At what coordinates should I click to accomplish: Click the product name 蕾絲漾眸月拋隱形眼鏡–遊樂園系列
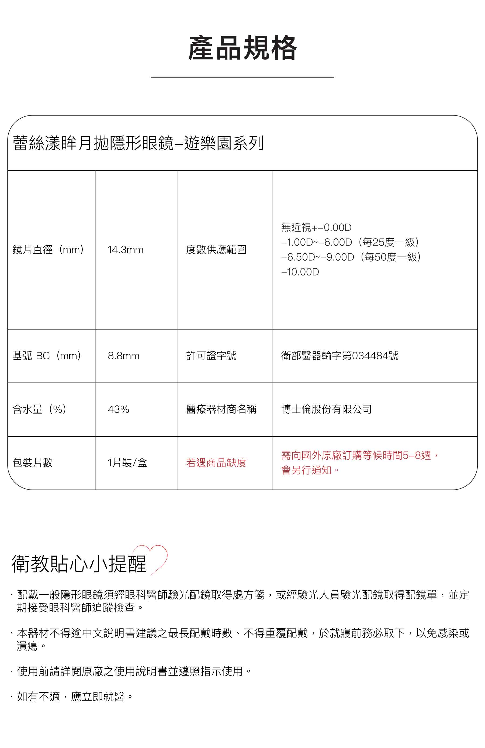click(138, 143)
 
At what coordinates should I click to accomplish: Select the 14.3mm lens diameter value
click(125, 250)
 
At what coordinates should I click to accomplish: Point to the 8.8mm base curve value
click(123, 356)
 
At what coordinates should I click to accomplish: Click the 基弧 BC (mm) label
click(47, 356)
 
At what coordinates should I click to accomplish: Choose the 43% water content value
click(119, 409)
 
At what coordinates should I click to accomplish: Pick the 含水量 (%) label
click(39, 409)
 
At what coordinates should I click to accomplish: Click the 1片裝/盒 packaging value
click(127, 463)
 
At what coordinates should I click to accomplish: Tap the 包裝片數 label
click(32, 463)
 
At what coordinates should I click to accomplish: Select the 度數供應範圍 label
click(216, 250)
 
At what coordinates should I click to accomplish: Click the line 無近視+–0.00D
click(316, 227)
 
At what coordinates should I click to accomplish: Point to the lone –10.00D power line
click(300, 272)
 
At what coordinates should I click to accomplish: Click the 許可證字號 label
click(211, 356)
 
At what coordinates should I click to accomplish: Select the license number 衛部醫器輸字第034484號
click(339, 356)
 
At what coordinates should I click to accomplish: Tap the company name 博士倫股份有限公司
click(326, 409)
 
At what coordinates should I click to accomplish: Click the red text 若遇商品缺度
click(216, 463)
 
